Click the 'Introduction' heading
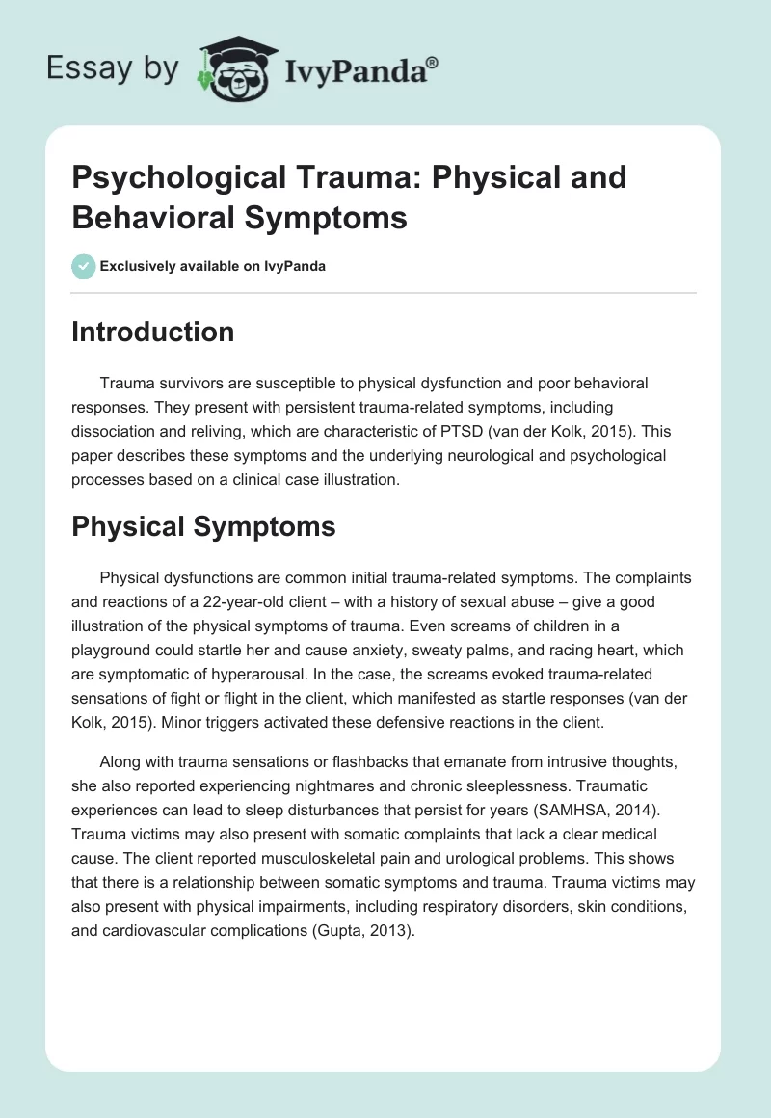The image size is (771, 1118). pyautogui.click(x=153, y=332)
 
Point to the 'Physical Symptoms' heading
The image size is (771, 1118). pyautogui.click(x=203, y=526)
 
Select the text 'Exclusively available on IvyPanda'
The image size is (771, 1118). pyautogui.click(x=213, y=266)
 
